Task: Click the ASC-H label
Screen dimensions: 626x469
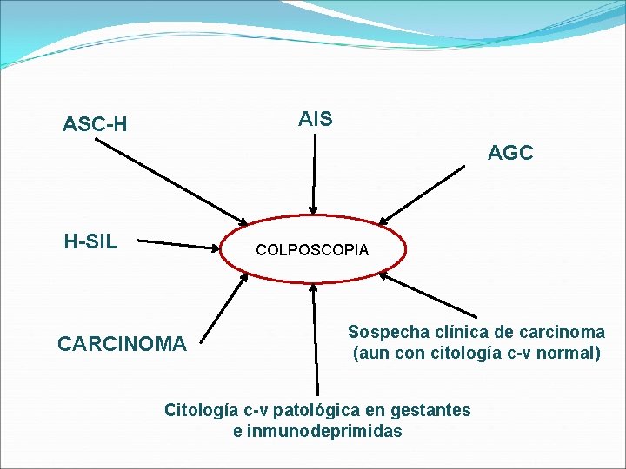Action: point(95,125)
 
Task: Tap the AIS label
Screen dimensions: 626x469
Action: point(315,119)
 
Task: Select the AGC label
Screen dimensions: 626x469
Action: point(510,154)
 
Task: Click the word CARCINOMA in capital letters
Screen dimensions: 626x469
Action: point(122,345)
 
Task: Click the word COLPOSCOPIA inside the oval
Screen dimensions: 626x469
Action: point(312,250)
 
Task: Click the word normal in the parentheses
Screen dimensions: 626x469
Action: point(570,353)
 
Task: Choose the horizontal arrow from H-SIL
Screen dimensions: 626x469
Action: point(179,244)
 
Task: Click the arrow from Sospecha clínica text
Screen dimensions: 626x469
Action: point(430,296)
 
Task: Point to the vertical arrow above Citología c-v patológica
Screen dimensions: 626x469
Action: point(315,339)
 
